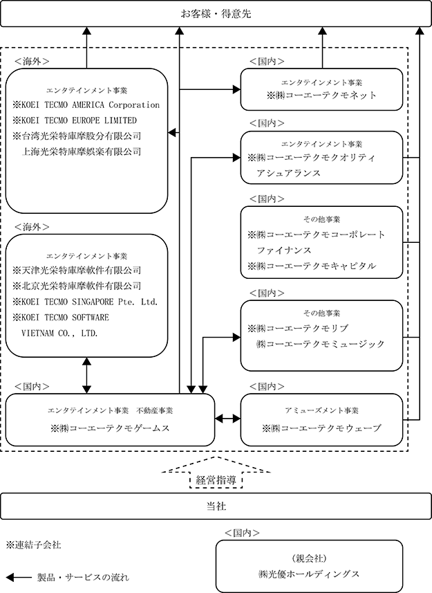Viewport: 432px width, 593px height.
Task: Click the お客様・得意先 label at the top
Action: pos(216,14)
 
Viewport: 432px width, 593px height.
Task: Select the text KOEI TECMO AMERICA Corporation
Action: pos(91,104)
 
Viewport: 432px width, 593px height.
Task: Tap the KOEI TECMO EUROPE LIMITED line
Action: pos(79,120)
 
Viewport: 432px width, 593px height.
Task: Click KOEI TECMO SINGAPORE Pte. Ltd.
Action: pos(89,302)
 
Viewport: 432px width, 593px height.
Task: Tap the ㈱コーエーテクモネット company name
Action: pos(326,95)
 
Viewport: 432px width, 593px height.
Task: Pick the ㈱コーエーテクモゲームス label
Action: pos(115,428)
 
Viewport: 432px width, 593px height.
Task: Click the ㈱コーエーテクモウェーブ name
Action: pos(326,428)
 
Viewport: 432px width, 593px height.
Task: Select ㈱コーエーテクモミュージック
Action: pos(320,344)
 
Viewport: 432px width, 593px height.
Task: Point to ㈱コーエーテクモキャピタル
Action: pos(316,266)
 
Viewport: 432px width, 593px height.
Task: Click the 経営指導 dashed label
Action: pos(216,480)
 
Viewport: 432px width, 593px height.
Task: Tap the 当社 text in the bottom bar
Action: pos(216,506)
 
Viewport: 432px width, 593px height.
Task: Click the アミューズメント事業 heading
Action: pos(321,410)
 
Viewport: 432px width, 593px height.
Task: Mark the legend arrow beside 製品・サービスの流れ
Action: pos(19,578)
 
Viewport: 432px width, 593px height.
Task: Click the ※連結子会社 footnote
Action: pos(34,545)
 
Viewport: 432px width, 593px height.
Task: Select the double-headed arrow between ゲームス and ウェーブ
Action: pos(227,419)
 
